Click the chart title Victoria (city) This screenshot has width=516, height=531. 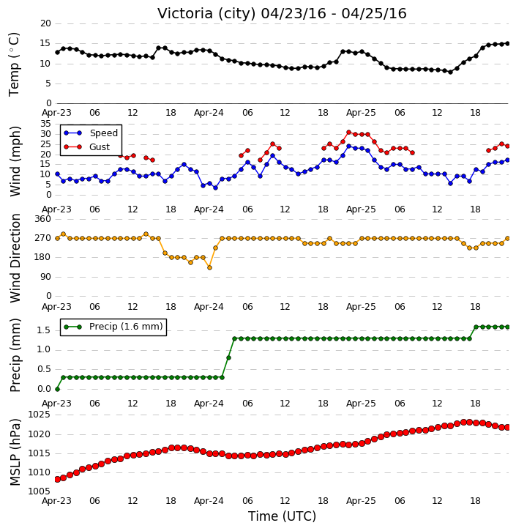(x=206, y=14)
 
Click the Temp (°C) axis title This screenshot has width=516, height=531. (x=14, y=64)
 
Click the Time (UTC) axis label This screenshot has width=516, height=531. (x=282, y=516)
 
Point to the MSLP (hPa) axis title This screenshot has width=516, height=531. (x=15, y=453)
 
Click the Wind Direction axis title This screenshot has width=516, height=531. (x=15, y=258)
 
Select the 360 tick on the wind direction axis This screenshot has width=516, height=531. (x=42, y=219)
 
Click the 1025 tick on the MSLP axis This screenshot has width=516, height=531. (x=39, y=415)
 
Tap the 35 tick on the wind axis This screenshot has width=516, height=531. (x=45, y=124)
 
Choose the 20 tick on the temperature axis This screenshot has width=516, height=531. (x=45, y=23)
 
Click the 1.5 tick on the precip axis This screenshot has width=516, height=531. (x=43, y=330)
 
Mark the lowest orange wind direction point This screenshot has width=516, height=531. (x=209, y=268)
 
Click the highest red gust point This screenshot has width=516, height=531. (x=349, y=133)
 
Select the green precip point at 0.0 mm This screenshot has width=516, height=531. (x=57, y=390)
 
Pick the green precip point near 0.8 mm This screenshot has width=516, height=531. (x=229, y=358)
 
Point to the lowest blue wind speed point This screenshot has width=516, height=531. (x=215, y=188)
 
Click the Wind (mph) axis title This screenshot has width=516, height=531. (x=15, y=161)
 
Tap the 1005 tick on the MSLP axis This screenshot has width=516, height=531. (x=39, y=491)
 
